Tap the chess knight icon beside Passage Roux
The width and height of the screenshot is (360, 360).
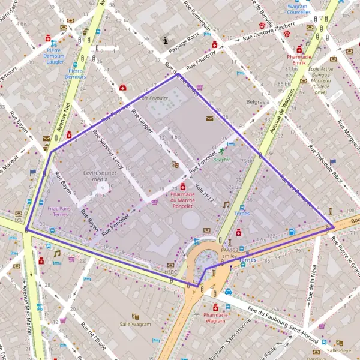(166, 41)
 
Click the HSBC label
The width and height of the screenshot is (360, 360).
(172, 272)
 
